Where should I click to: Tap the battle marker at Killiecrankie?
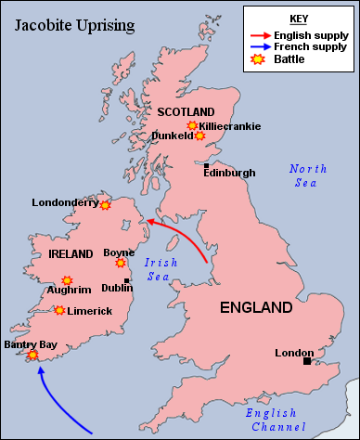click(192, 125)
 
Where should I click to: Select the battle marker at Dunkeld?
click(199, 136)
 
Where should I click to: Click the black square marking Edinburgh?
click(207, 164)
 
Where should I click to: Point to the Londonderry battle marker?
click(106, 204)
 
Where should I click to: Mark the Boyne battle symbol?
click(121, 263)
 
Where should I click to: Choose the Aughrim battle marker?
click(67, 279)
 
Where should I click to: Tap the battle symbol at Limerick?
click(60, 310)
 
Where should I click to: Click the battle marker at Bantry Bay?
click(33, 355)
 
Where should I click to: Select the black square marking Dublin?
click(126, 280)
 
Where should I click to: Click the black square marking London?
click(307, 361)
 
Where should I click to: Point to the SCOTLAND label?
click(186, 112)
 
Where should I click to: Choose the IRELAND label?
click(71, 253)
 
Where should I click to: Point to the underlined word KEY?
click(299, 18)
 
